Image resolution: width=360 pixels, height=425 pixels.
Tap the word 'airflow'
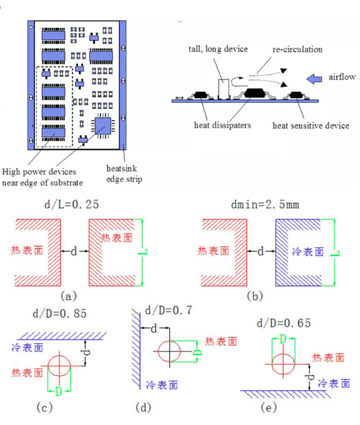(x=341, y=77)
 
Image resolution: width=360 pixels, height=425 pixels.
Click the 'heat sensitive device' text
(x=311, y=125)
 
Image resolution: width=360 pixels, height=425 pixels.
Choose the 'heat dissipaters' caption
(x=221, y=125)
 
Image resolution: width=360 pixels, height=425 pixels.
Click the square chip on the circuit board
(x=105, y=125)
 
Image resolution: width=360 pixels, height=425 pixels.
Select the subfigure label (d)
(x=174, y=406)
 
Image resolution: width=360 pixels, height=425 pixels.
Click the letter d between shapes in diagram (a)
(x=74, y=252)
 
